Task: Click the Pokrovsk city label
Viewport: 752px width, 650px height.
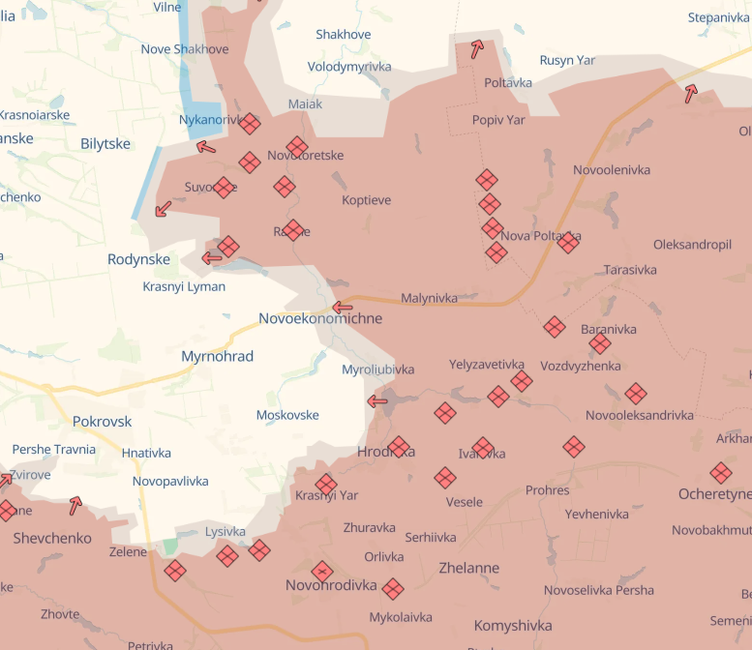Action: (x=102, y=422)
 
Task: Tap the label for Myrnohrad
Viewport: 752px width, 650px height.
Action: (x=217, y=357)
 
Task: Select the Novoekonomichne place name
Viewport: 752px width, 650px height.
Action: (x=319, y=318)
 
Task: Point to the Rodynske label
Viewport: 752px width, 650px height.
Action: (x=138, y=259)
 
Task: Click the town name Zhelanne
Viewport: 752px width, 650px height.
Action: (x=469, y=568)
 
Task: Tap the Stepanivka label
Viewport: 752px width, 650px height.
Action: (x=718, y=17)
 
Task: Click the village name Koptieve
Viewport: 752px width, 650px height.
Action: (x=366, y=200)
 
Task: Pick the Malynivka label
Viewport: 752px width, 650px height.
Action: (x=429, y=298)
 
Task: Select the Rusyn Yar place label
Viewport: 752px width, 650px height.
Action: (x=567, y=60)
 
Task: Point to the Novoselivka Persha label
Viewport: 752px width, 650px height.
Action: (x=598, y=590)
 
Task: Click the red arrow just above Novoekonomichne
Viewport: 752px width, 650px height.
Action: (x=342, y=308)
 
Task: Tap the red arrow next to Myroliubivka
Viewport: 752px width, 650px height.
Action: (x=377, y=400)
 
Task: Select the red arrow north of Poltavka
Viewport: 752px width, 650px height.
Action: (x=476, y=49)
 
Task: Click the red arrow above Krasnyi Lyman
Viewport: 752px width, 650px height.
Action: (x=212, y=257)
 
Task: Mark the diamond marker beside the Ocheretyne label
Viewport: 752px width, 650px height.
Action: (x=720, y=473)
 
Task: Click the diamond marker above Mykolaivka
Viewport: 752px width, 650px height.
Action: (x=392, y=589)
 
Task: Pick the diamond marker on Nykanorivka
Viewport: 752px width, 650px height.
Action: (x=249, y=124)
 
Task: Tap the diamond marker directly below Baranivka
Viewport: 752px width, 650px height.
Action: (x=600, y=343)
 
